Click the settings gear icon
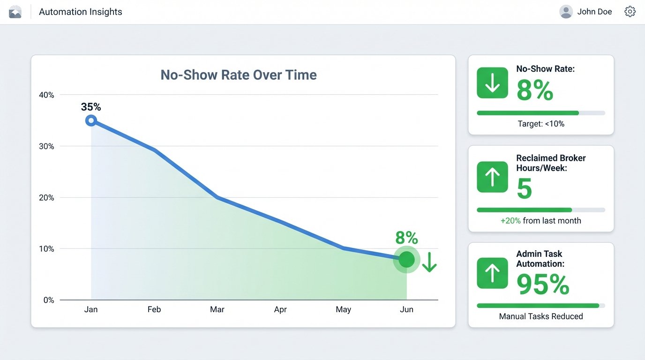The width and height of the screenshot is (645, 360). pos(630,12)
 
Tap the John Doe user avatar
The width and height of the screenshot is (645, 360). pos(566,12)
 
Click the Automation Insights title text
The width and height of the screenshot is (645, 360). pos(80,12)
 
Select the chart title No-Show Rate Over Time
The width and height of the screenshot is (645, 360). pos(239,75)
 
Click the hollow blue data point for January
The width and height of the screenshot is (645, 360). pos(91,120)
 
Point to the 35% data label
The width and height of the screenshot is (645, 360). pos(91,107)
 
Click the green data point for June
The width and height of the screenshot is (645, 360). pos(406,259)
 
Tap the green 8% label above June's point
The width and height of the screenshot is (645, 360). pos(406,238)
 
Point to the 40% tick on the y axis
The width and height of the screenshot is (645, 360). pos(46,95)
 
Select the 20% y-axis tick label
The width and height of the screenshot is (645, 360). pos(46,198)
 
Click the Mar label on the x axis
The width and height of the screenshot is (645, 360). pos(217,309)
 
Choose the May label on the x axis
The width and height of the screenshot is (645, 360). pos(343,309)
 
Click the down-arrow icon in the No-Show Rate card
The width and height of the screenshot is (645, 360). pos(492,83)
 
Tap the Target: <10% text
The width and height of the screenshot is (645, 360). pos(541,124)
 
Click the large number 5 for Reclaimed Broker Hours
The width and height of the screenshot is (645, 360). pos(525,188)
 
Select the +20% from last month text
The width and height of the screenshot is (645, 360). pos(541,220)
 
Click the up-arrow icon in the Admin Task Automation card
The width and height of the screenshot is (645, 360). pos(492,273)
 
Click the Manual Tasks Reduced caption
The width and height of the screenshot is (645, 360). pos(541,316)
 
